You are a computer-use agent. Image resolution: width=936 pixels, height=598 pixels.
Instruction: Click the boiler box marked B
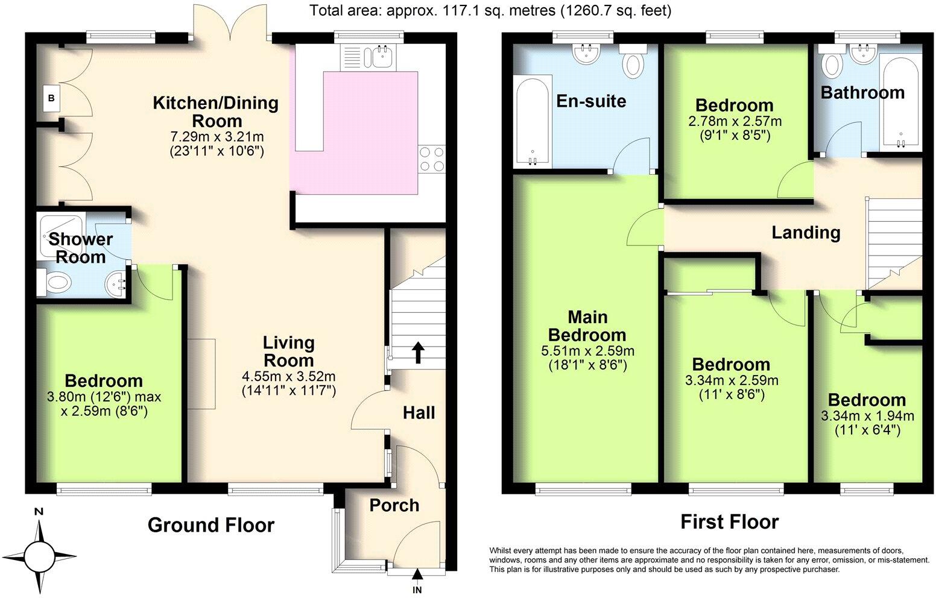tap(52, 98)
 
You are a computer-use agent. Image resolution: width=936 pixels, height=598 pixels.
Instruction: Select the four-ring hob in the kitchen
tap(431, 160)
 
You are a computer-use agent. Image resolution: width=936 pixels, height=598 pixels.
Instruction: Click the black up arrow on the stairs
tap(417, 353)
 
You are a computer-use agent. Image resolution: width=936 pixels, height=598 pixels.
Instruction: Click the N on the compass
tap(39, 512)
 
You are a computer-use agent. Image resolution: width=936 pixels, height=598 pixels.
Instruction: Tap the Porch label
tap(394, 505)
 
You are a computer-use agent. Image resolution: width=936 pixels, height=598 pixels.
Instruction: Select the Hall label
tap(419, 413)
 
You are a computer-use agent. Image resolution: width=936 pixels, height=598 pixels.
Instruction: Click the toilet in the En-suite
tap(633, 63)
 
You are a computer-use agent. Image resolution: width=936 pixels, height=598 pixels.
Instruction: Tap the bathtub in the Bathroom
tap(900, 102)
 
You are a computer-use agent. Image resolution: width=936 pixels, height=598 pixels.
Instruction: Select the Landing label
tap(806, 232)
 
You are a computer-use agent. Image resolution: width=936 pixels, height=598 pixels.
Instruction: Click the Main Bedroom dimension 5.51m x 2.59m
tap(588, 350)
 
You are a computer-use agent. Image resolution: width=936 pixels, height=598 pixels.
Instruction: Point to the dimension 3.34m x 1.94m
tap(867, 416)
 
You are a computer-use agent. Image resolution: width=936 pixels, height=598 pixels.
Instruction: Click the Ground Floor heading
tap(210, 525)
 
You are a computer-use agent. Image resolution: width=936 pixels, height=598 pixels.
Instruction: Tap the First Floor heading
tap(729, 521)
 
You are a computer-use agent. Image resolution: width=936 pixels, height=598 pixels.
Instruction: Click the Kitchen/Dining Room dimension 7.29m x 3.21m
tap(217, 136)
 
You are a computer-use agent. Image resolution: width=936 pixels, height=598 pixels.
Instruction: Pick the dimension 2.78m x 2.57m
tap(735, 121)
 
